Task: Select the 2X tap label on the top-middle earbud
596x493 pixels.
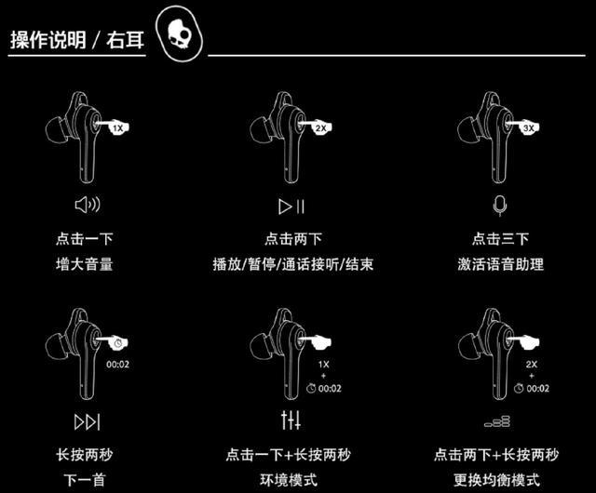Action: (319, 129)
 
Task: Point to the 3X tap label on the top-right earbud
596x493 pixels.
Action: (528, 129)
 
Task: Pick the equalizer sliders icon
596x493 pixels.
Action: (291, 422)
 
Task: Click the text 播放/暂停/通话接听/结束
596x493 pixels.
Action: (292, 264)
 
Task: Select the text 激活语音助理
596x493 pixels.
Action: (501, 264)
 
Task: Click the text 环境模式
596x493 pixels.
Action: (291, 480)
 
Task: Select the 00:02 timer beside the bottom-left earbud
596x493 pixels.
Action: (117, 364)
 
